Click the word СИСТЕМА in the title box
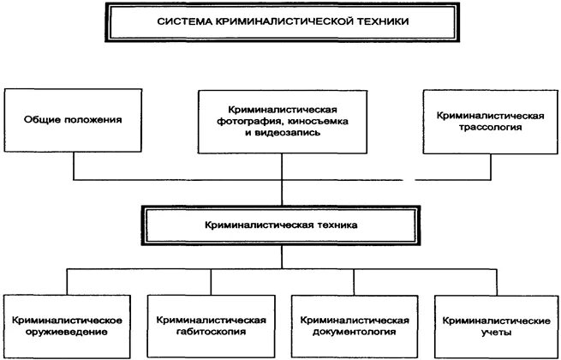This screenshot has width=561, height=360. (x=182, y=23)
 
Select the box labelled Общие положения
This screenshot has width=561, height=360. (x=72, y=120)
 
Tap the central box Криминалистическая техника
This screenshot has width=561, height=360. (x=280, y=226)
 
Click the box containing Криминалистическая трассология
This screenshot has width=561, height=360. (x=486, y=121)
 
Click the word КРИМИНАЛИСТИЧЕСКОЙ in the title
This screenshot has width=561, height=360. (x=278, y=23)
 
